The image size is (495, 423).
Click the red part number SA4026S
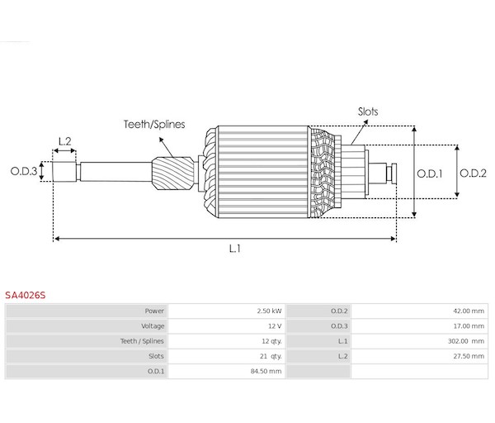click(x=26, y=295)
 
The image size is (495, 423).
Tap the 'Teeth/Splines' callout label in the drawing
click(x=154, y=124)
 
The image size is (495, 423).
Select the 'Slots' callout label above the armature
click(x=368, y=112)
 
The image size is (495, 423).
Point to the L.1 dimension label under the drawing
click(x=235, y=249)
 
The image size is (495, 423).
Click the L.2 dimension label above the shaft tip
click(x=64, y=141)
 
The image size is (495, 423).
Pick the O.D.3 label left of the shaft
click(x=24, y=171)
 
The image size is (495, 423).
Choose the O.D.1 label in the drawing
click(x=429, y=173)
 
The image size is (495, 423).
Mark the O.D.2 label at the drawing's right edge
click(x=473, y=173)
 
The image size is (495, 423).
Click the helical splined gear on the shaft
click(x=173, y=173)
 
